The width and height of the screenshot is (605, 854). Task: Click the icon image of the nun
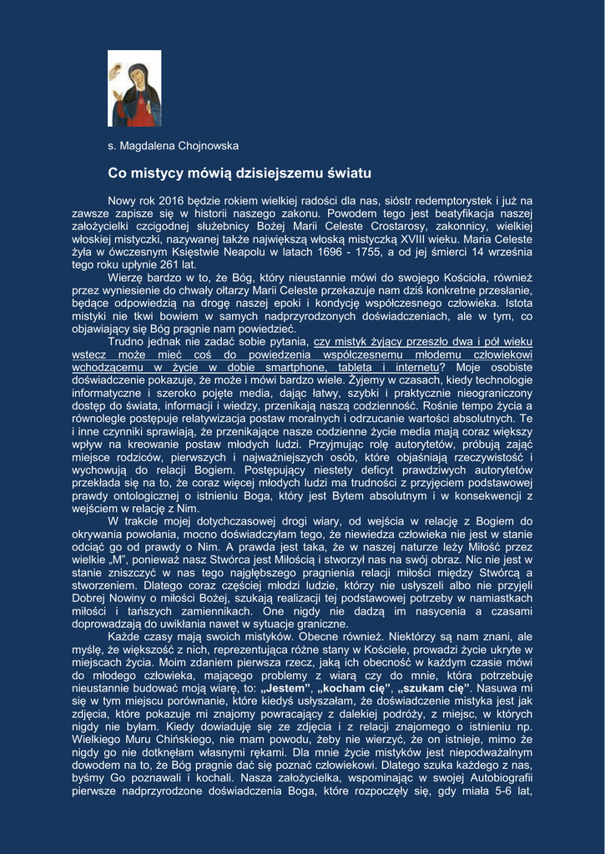(134, 88)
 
